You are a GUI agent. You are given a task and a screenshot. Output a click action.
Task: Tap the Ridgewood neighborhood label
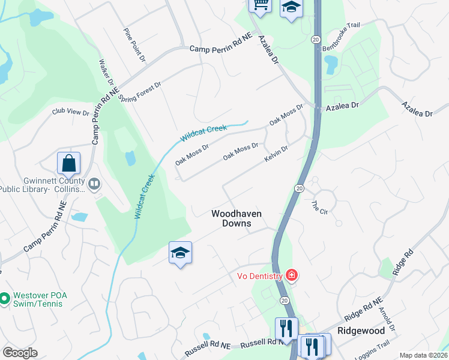click(361, 331)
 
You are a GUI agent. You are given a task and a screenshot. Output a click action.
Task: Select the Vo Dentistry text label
click(258, 276)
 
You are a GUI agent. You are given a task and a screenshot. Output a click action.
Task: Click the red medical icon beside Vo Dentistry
click(292, 275)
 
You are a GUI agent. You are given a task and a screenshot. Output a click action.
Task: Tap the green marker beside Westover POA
click(4, 297)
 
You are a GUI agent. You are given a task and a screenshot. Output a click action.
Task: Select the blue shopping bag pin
click(69, 163)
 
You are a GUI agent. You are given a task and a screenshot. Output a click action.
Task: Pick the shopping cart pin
click(261, 5)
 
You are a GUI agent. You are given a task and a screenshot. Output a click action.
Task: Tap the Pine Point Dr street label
click(134, 44)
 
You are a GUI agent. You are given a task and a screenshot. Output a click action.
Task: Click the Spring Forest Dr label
click(140, 92)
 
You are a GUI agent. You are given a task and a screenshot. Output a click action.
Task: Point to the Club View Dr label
click(70, 112)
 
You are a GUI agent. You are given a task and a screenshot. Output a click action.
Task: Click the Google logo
click(20, 353)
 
